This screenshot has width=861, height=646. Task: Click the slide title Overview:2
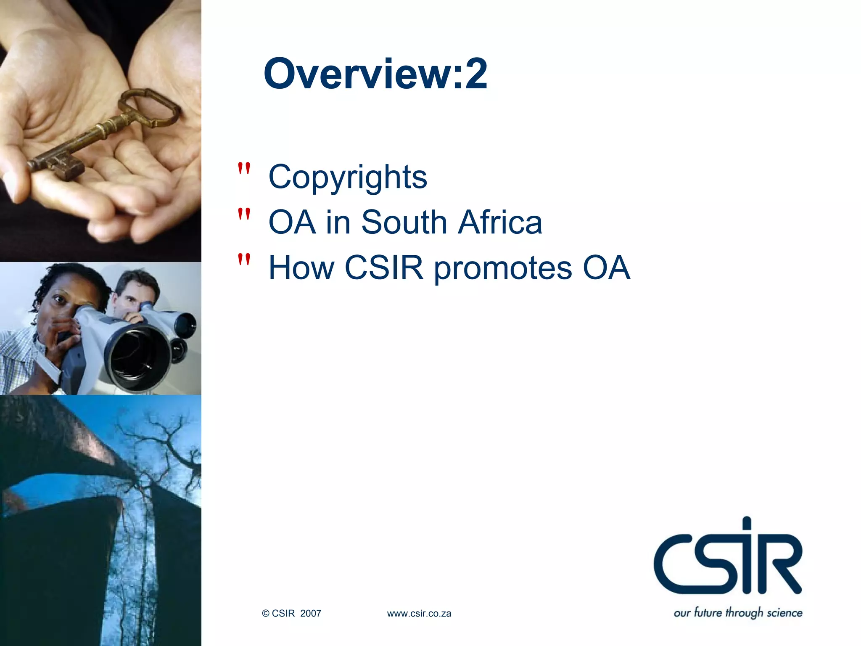pos(375,74)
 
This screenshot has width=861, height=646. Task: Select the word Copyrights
pos(348,177)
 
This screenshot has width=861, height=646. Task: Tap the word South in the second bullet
pos(404,222)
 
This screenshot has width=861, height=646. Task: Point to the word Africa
pos(500,222)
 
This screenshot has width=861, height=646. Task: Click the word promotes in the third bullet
pos(503,268)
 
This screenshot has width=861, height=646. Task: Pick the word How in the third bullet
pos(301,267)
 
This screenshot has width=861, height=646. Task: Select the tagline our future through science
pos(738,612)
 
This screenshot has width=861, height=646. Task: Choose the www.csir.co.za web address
pos(419,614)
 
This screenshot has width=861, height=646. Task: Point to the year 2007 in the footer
pos(311,614)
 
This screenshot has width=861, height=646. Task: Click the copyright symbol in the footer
pos(266,614)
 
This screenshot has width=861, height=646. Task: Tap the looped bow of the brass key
pos(149,107)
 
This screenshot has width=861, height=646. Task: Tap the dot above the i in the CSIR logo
pos(747,524)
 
